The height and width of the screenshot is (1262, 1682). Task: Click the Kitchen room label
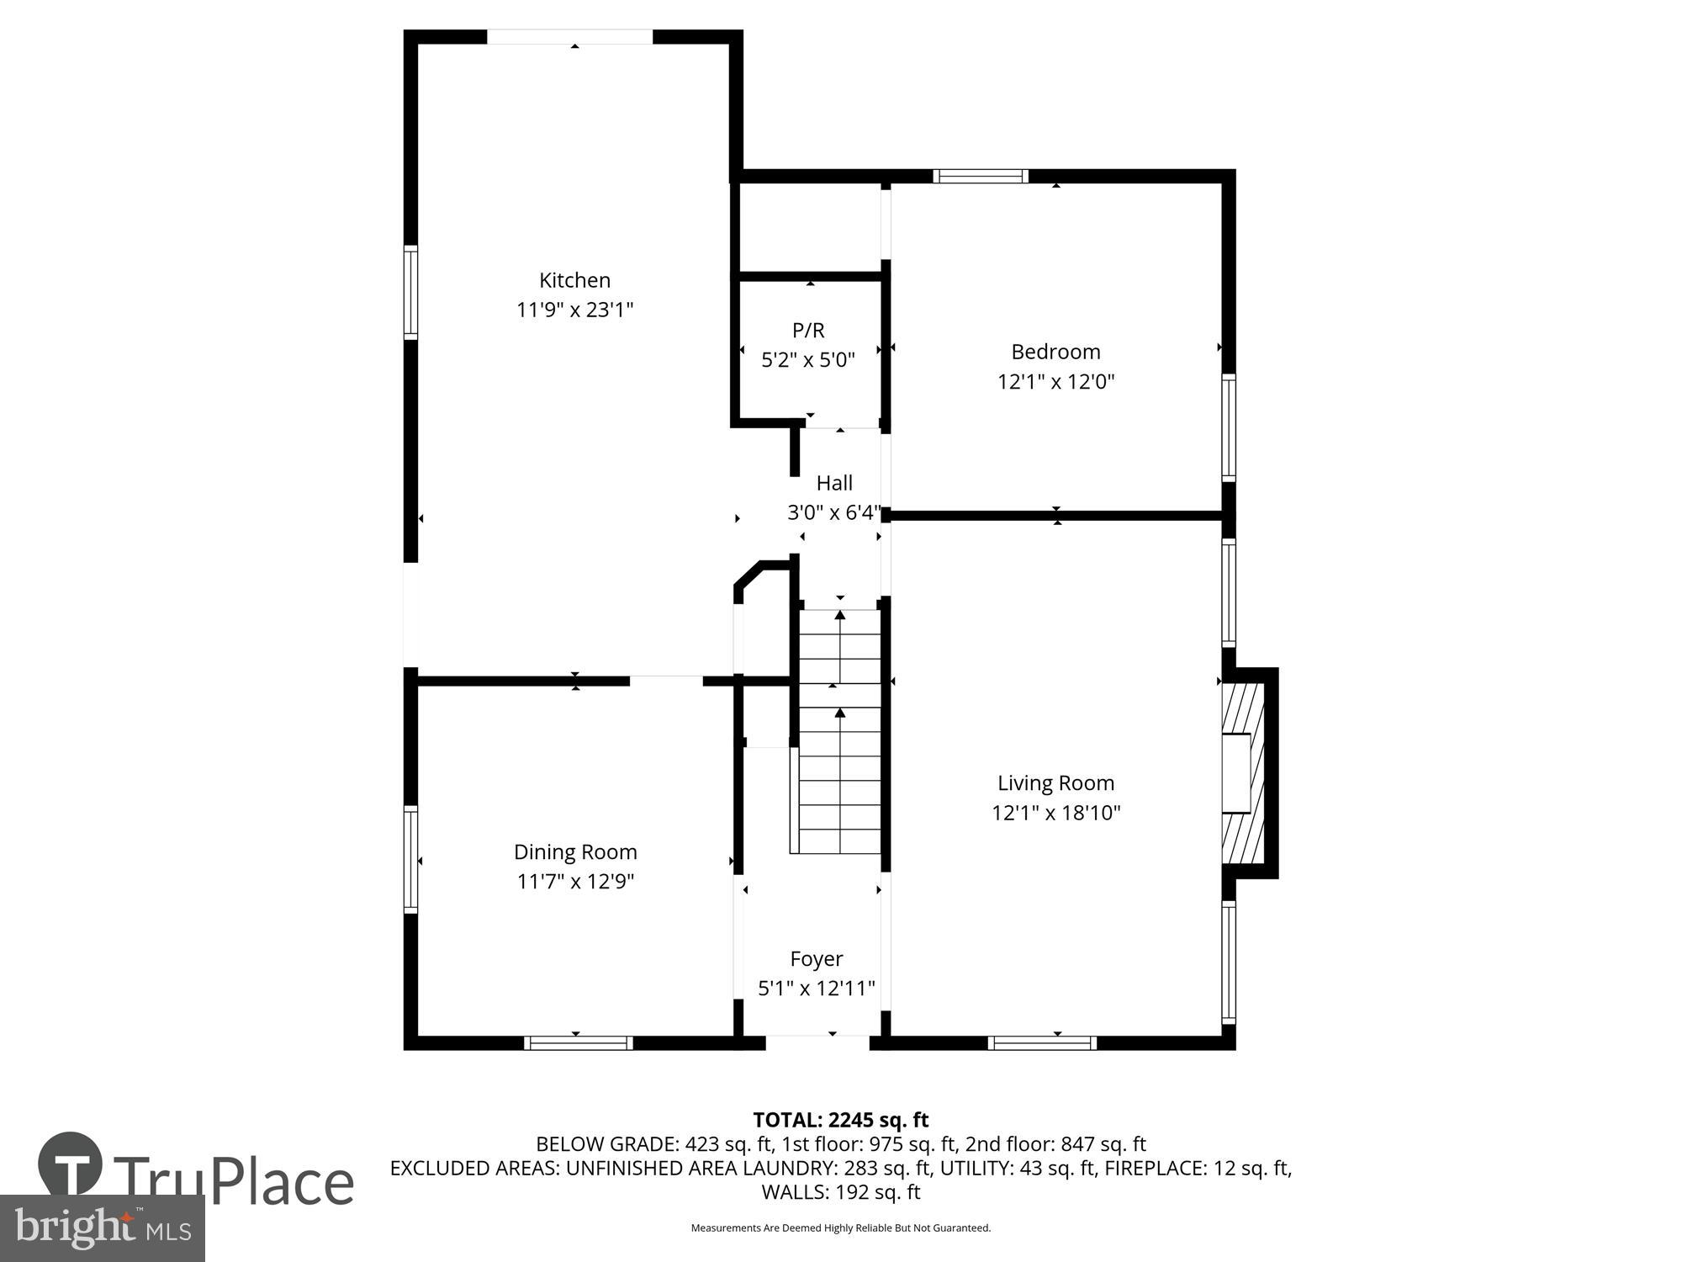click(574, 280)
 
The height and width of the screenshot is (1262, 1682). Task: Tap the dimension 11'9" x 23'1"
click(574, 310)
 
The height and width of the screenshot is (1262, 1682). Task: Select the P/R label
click(808, 331)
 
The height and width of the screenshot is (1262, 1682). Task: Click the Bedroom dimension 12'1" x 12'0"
click(1055, 382)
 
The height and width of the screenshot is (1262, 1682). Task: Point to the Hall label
click(834, 483)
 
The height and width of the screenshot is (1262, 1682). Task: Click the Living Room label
click(1055, 783)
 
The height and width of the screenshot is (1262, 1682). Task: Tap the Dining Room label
click(575, 852)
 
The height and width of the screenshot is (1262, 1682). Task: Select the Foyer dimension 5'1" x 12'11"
click(817, 989)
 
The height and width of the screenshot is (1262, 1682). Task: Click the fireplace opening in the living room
click(1236, 773)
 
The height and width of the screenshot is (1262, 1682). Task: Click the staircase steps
click(839, 732)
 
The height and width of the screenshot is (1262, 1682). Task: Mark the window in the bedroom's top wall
click(981, 176)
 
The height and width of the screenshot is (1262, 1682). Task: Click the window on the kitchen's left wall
click(410, 292)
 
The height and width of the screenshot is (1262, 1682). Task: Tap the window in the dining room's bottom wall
click(579, 1043)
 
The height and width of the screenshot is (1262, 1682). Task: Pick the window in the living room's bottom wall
click(1042, 1043)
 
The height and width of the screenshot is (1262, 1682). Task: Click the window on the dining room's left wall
click(410, 859)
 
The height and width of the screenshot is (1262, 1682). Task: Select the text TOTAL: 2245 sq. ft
click(840, 1120)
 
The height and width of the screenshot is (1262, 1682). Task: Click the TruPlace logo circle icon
click(71, 1164)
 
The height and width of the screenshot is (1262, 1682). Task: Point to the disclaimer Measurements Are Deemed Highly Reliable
click(840, 1228)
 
